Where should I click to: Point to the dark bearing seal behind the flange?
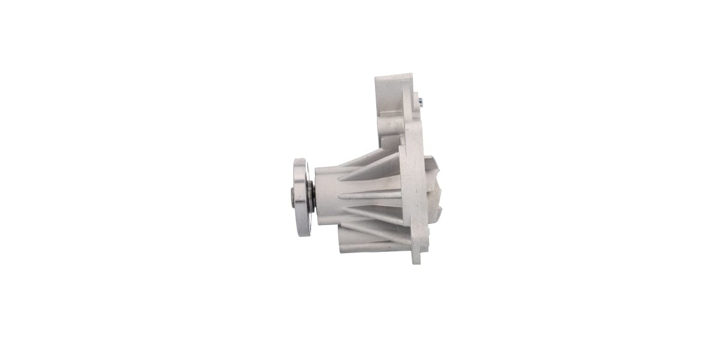click(x=311, y=197)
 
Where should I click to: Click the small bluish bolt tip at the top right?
click(x=425, y=98)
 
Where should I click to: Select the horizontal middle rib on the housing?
click(x=370, y=195)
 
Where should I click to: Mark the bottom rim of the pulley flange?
click(x=303, y=233)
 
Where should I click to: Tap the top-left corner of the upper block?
click(x=377, y=77)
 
